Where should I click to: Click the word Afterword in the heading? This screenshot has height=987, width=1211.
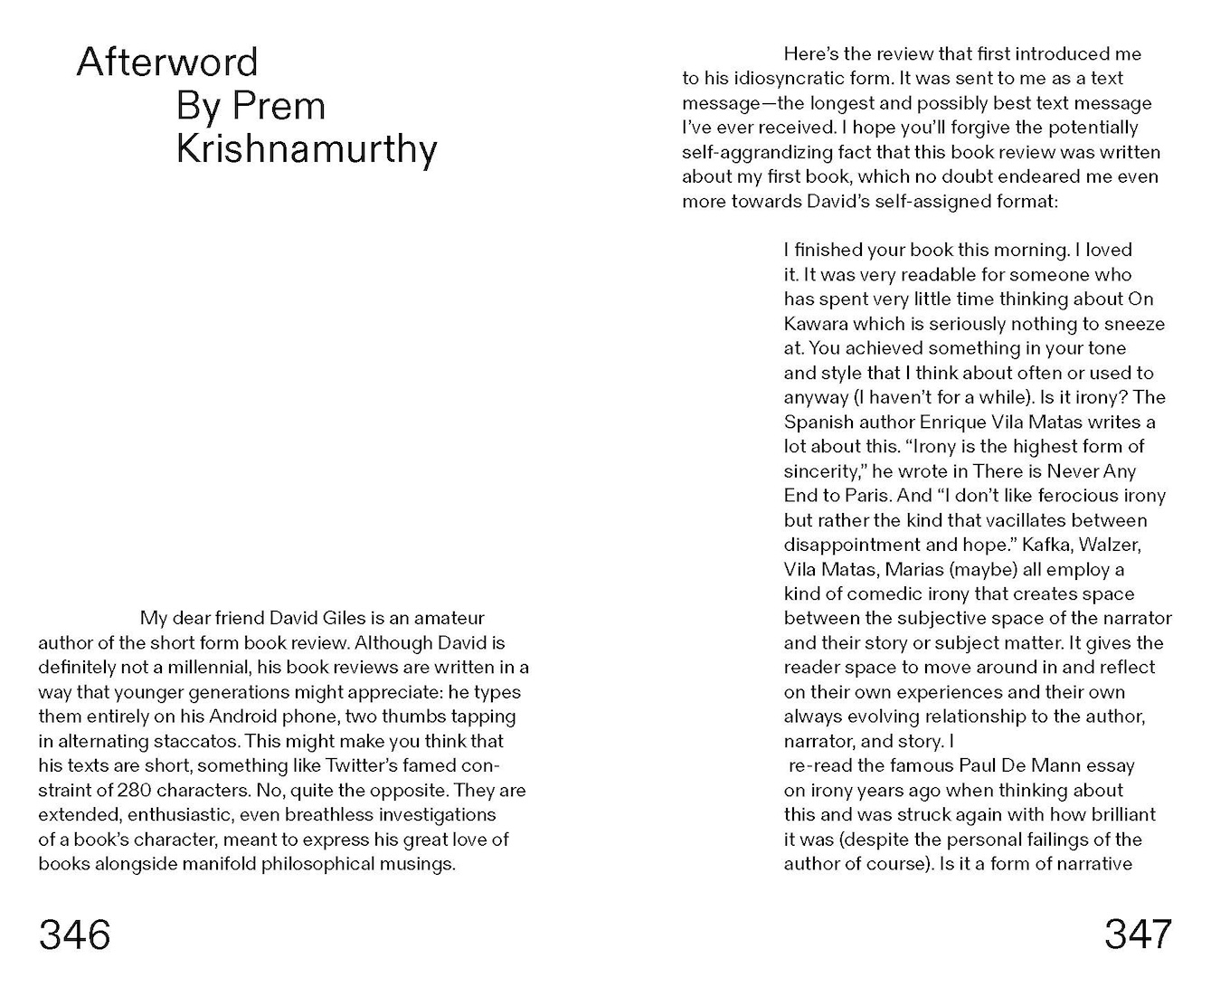[x=167, y=62]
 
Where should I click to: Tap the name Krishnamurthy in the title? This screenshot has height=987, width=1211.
[x=307, y=149]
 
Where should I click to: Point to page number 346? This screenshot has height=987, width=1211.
[x=75, y=934]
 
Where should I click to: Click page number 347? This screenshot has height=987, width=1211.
[x=1138, y=934]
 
